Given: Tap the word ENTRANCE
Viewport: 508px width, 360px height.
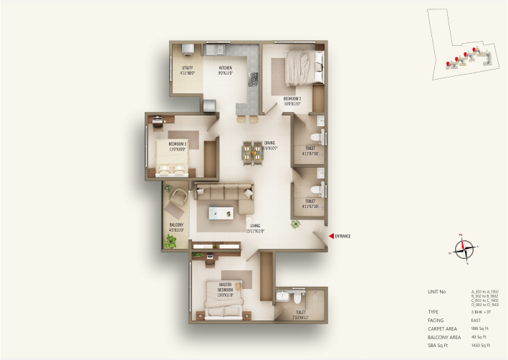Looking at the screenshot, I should (342, 236).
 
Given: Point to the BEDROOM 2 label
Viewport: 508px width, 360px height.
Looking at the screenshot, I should (292, 101).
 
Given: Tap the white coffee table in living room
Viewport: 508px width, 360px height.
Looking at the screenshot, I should (222, 213).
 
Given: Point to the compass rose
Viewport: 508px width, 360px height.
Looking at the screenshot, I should (465, 249).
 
